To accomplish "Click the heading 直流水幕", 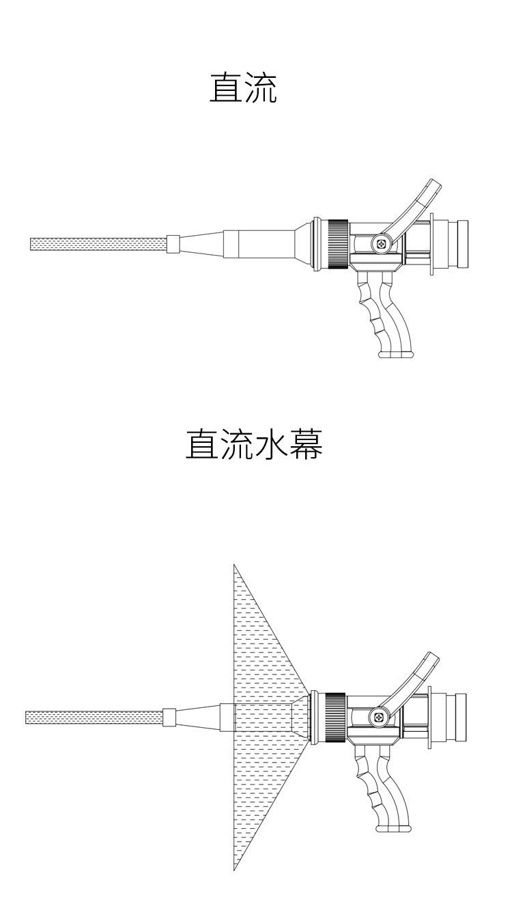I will click(254, 445).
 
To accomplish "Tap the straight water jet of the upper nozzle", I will click(98, 244).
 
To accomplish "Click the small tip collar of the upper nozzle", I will click(173, 244).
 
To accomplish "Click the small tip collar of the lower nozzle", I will click(169, 718).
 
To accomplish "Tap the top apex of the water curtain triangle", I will click(234, 566).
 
